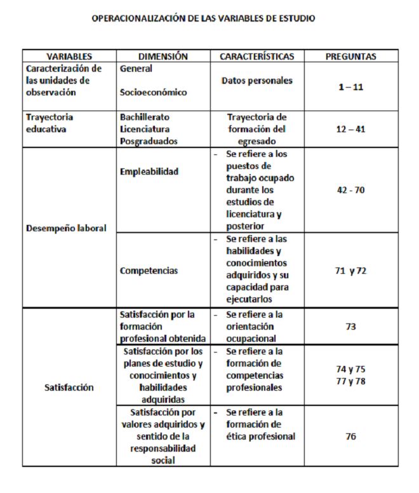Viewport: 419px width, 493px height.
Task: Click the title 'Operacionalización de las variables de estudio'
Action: point(203,18)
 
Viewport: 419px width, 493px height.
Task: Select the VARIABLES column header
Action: point(69,57)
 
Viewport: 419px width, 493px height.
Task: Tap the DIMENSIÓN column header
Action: point(163,57)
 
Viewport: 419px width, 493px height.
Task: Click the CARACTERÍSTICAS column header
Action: point(257,57)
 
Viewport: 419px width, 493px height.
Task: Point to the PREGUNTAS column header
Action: point(350,57)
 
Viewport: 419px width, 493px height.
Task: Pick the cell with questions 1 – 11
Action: point(350,87)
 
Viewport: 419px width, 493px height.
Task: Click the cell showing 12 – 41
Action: point(350,129)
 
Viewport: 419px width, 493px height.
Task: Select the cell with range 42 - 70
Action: point(350,189)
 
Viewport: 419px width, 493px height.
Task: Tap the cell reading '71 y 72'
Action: point(350,271)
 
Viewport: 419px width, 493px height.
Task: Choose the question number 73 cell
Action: point(350,327)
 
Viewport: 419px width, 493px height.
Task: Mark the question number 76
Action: point(350,436)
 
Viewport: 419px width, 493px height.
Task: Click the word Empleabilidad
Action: point(149,171)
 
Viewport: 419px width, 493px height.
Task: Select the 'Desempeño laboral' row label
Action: point(66,228)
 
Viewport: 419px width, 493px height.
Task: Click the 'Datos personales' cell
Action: point(257,81)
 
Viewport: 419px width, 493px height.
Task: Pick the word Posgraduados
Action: point(149,141)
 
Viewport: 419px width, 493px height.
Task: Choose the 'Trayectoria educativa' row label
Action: point(50,123)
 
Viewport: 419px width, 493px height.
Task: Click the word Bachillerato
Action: point(145,118)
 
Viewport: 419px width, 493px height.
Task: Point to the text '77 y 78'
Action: point(350,381)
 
